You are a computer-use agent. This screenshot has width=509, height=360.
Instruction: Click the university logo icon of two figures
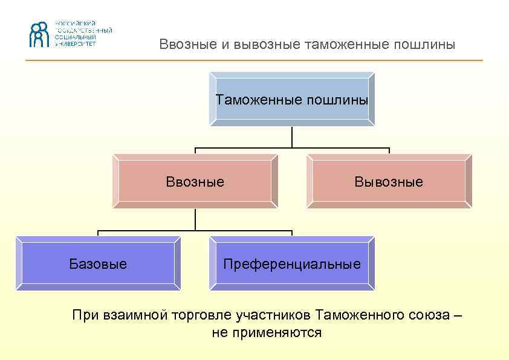38,34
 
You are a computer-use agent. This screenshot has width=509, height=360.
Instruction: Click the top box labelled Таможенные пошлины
292,99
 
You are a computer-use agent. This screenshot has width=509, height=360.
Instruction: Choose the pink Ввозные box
195,181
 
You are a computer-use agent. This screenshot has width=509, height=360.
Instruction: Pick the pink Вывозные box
389,181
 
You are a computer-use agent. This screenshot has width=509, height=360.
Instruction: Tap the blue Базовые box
98,264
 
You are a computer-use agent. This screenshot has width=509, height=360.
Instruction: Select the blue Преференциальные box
292,264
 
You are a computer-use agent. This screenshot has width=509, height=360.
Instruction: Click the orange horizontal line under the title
254,60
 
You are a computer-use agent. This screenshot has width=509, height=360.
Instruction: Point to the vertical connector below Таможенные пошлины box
292,137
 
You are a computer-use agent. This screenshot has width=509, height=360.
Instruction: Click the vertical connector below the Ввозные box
195,219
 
